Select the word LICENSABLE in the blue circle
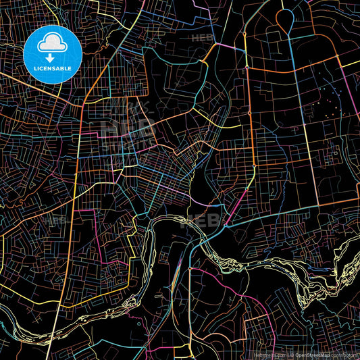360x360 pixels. click(52, 68)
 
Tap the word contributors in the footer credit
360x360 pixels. click(344, 354)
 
